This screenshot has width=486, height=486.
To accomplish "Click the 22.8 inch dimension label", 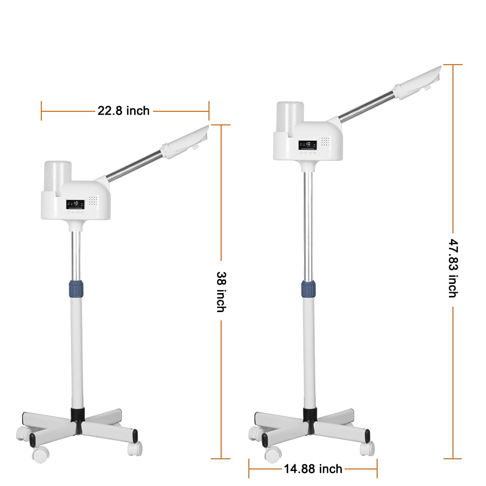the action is coord(123,111).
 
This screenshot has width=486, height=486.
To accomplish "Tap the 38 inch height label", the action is coord(221,292).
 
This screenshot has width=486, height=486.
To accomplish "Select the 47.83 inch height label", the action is coord(453,268).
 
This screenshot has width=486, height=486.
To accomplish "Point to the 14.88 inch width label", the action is coord(313,469).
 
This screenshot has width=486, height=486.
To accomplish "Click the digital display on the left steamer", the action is coord(75,204).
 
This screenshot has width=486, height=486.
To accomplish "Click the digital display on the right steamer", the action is coord(308,145).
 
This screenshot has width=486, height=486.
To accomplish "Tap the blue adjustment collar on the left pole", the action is coord(76,288).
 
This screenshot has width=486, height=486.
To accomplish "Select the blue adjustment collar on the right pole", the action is coord(309,289).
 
